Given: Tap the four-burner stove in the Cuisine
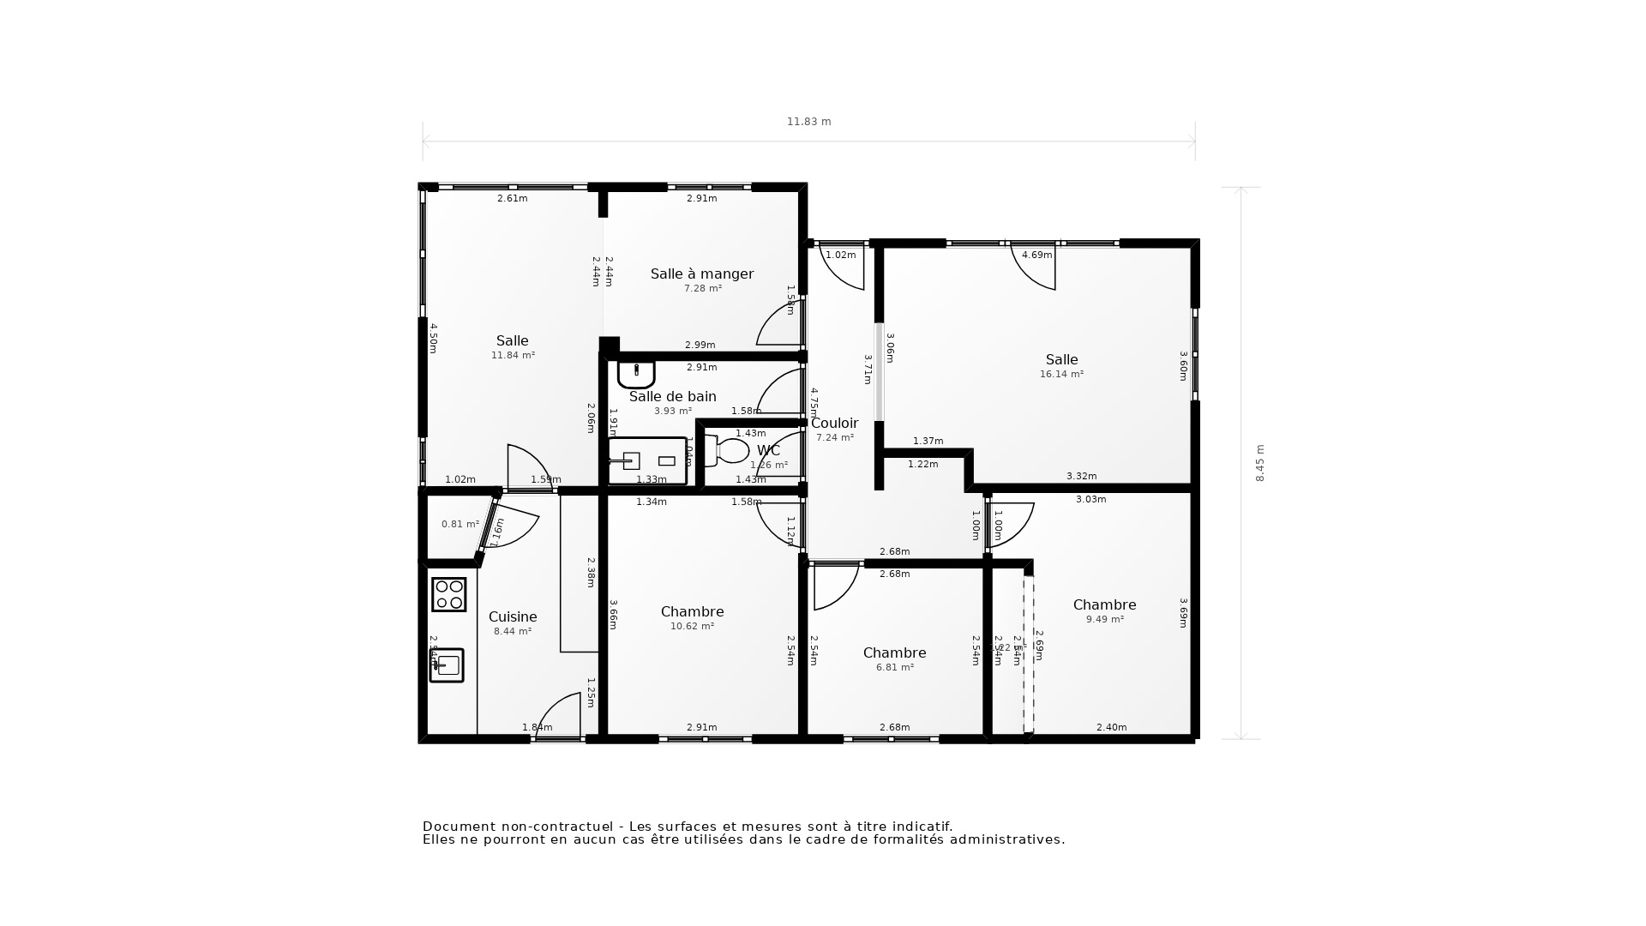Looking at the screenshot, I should click(448, 594).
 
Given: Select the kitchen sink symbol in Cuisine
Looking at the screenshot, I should click(447, 665).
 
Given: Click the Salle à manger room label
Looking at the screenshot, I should click(701, 274).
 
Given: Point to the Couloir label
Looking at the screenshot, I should click(834, 423).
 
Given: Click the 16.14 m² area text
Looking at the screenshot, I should click(1061, 375).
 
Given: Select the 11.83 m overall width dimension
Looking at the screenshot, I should click(808, 122).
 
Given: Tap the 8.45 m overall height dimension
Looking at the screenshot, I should click(1259, 463).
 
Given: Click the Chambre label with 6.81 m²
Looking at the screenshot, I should click(894, 652).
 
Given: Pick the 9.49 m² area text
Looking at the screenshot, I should click(1104, 619).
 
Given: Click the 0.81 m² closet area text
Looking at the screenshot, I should click(460, 524).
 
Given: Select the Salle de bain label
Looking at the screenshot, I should click(672, 396).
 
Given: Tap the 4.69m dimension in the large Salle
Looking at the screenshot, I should click(1036, 255).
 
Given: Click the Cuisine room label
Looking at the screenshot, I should click(513, 616).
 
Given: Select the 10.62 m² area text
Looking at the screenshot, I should click(692, 626).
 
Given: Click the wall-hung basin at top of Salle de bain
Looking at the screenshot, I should click(636, 374).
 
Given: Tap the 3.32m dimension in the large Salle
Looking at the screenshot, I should click(1081, 476).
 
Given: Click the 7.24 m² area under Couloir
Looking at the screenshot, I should click(834, 437).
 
